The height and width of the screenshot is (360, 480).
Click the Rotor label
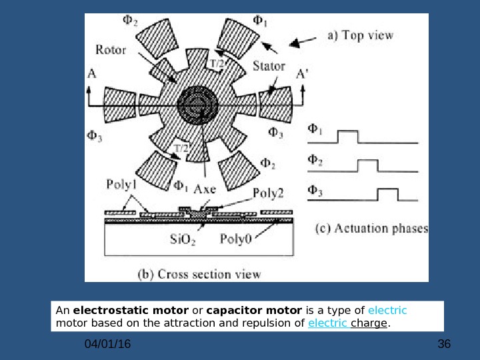(x=111, y=49)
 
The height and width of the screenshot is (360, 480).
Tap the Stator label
(x=269, y=66)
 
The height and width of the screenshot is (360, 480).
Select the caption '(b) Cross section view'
(x=199, y=273)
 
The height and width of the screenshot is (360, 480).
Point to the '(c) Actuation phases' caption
(x=371, y=229)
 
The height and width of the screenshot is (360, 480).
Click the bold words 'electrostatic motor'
(x=112, y=311)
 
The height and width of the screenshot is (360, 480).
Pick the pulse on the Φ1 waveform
(x=348, y=136)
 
